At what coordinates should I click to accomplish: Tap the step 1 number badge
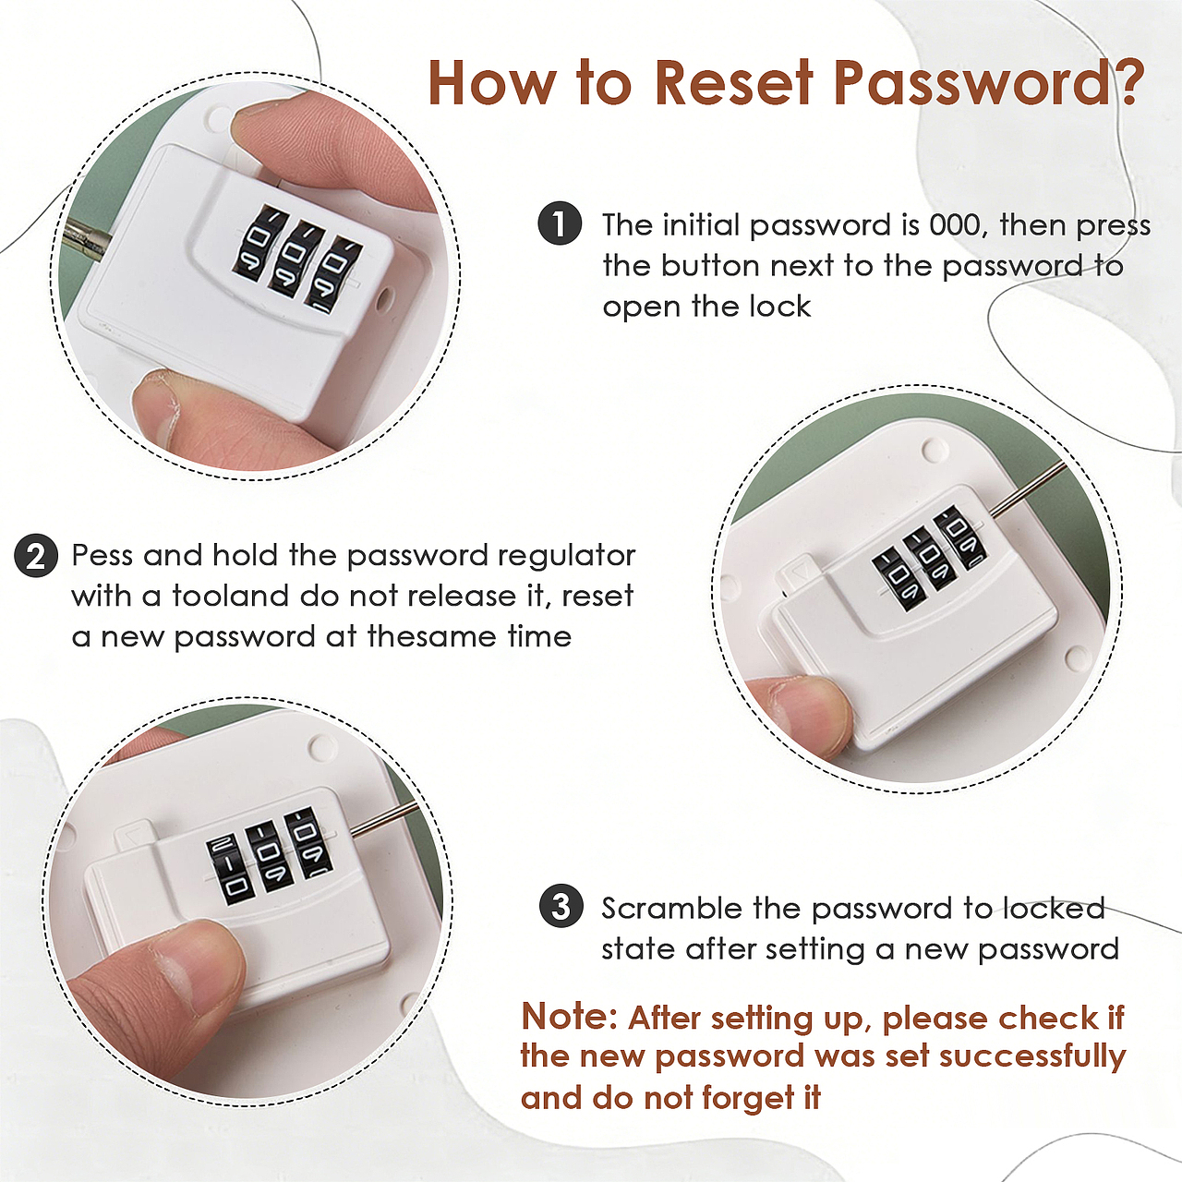coord(560,223)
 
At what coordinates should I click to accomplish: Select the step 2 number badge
coord(36,556)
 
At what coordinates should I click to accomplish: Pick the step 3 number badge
coord(561,907)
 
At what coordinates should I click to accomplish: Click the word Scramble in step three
coord(671,908)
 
